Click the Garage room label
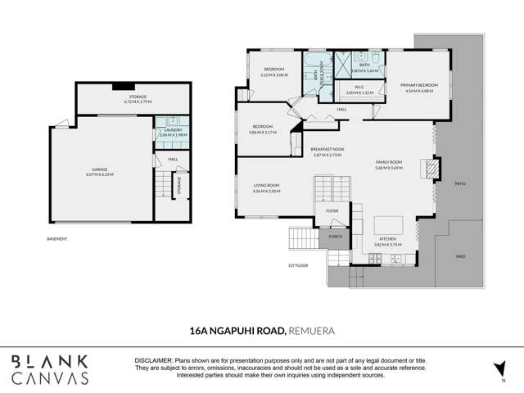99,173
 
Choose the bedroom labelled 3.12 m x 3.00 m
272,71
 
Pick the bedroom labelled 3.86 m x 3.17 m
263,129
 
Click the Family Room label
389,165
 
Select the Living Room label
267,187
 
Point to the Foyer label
332,210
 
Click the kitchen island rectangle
388,224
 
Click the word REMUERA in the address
311,330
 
